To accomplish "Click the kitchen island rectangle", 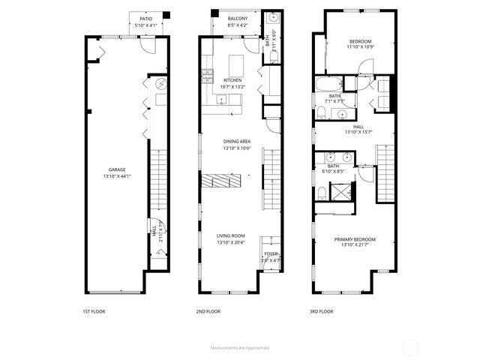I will point(238,61).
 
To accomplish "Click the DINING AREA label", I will point(236,141).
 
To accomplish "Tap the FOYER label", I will point(271,254).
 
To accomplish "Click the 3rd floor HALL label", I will point(358,127).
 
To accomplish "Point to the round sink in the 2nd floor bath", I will point(272,17).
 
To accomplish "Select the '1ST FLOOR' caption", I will point(94,311).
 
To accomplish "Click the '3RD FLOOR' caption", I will point(321,311).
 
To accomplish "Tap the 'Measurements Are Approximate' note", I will point(240,347).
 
